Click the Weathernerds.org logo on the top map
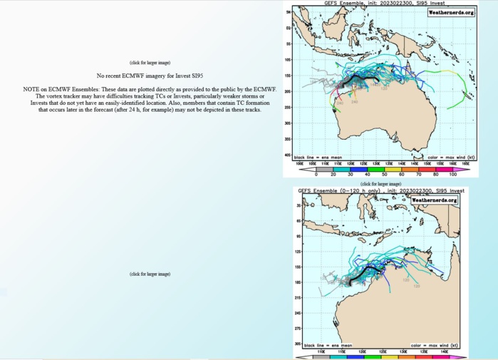450,12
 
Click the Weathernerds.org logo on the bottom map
434,200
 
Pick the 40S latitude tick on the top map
287,155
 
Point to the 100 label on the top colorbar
452,174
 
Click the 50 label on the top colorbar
385,174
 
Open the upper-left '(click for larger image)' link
150,63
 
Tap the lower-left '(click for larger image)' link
150,274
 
